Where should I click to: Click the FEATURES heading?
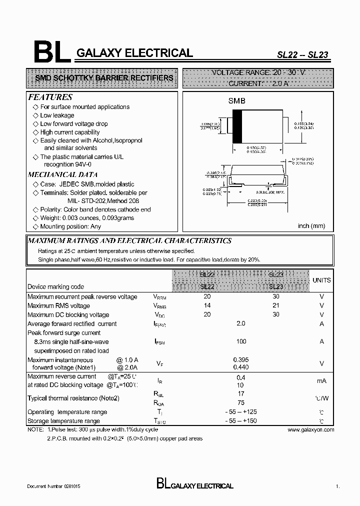(x=50, y=97)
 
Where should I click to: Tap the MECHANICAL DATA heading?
(x=62, y=174)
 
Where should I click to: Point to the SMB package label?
(x=237, y=100)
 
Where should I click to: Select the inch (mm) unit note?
(x=311, y=226)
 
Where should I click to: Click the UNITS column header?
(x=321, y=280)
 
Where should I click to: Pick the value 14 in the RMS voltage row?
(x=207, y=305)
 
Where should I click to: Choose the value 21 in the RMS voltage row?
(x=276, y=305)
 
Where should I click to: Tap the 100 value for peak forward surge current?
(x=241, y=341)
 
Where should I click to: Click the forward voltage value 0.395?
(x=241, y=360)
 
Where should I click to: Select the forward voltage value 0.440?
(x=241, y=367)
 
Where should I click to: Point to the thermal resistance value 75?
(x=240, y=401)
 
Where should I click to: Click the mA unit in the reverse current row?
(x=321, y=381)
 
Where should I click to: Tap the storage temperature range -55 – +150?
(x=241, y=421)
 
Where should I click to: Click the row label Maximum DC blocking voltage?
(x=68, y=314)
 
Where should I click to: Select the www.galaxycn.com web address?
(x=310, y=429)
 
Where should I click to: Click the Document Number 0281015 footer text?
(x=53, y=486)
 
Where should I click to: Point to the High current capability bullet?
(x=69, y=132)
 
